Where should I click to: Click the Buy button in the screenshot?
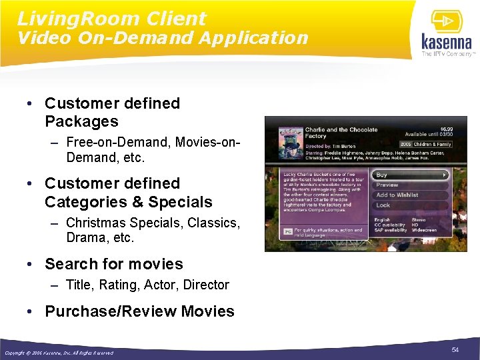tap(410, 175)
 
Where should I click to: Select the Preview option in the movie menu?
tap(387, 185)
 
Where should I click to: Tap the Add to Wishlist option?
tap(397, 195)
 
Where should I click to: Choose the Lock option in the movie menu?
tap(383, 205)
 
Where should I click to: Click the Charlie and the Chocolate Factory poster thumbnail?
tap(285, 140)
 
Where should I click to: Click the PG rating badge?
tap(288, 231)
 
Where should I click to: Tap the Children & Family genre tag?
tap(432, 144)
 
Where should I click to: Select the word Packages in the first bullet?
tap(81, 121)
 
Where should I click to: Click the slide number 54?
tap(455, 350)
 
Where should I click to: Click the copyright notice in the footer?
tap(59, 353)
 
